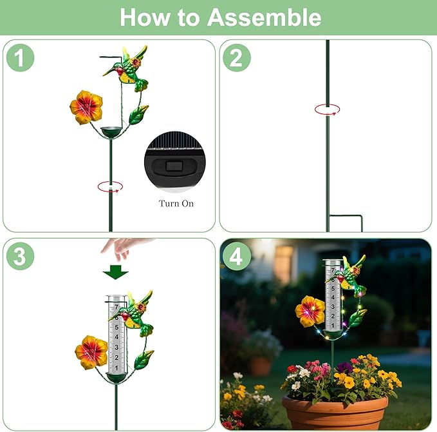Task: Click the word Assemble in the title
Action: (265, 17)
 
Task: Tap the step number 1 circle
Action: (20, 58)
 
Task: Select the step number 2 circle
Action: (237, 58)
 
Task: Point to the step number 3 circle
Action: (20, 256)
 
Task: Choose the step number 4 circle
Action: (237, 256)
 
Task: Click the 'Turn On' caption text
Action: (176, 203)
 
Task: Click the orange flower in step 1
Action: (86, 107)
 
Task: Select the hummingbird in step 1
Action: (126, 68)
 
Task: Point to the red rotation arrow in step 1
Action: (110, 186)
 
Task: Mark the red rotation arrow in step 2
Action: (327, 110)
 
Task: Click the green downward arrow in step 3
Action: (115, 272)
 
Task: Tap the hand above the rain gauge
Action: (123, 248)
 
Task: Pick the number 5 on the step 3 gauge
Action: (116, 327)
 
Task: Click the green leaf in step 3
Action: (144, 360)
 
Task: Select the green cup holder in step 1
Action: (111, 132)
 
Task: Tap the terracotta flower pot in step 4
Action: (335, 413)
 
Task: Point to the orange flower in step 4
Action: (310, 311)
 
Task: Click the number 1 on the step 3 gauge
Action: (116, 368)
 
